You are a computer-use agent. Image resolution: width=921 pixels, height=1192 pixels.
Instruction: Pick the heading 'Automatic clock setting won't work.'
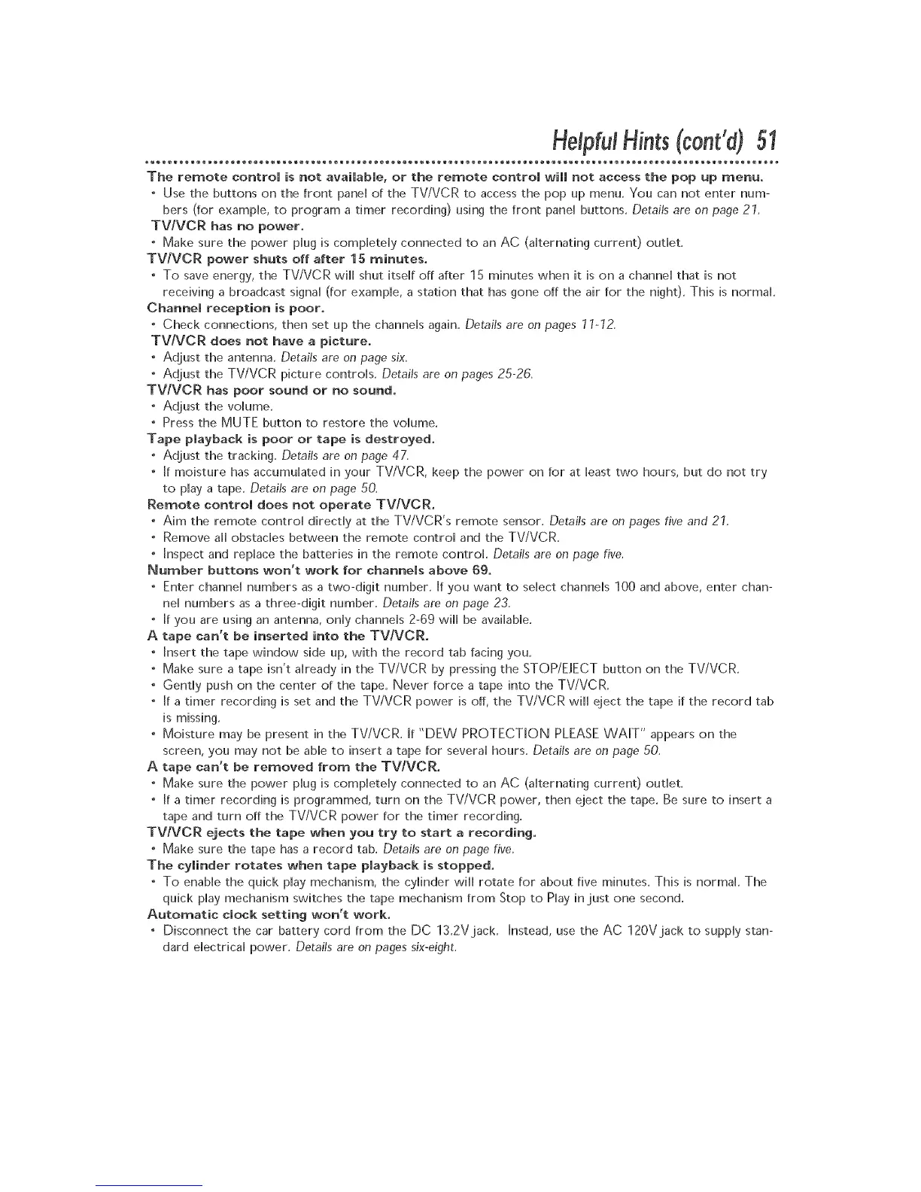(x=269, y=914)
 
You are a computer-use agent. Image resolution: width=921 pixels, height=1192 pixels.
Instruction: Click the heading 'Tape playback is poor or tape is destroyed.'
(x=291, y=439)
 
